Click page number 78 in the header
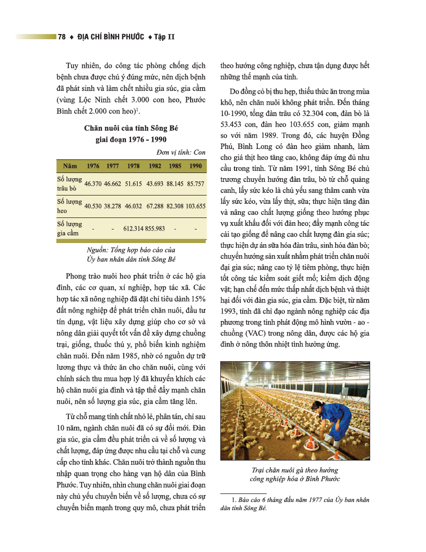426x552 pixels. [62, 37]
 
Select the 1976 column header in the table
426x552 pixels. [93, 166]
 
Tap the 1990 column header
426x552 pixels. [196, 166]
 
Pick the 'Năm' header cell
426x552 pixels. [70, 166]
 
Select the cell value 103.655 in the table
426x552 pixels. [195, 206]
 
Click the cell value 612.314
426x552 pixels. [134, 228]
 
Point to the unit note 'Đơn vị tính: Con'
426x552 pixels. [181, 152]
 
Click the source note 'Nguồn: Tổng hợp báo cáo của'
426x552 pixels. [131, 249]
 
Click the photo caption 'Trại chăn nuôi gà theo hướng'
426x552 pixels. [294, 469]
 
